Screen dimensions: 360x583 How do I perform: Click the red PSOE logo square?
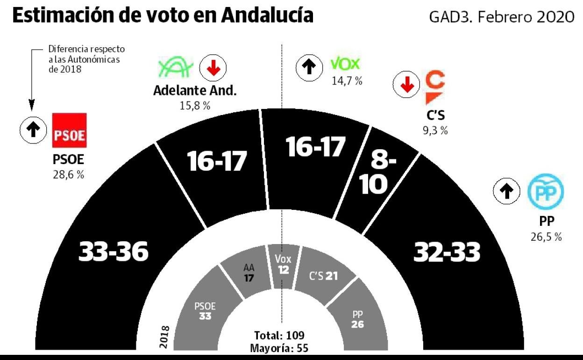[69, 130]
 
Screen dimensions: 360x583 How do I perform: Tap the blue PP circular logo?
[546, 192]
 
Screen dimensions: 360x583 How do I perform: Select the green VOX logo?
[345, 64]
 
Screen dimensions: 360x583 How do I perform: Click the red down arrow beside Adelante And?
[213, 69]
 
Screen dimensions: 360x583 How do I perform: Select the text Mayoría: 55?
[279, 348]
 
